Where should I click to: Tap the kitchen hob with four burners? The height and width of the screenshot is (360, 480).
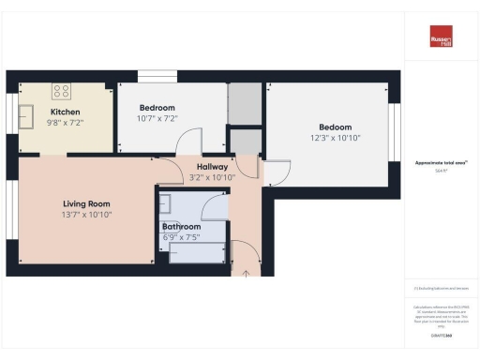[x=62, y=91]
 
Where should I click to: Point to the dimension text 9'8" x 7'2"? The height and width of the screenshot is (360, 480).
[x=65, y=122]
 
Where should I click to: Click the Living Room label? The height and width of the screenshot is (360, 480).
[x=87, y=203]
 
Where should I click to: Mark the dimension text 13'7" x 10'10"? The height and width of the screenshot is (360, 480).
[x=87, y=214]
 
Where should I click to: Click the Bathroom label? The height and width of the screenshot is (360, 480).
[x=181, y=227]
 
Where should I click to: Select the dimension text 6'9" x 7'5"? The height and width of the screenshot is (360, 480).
[x=181, y=237]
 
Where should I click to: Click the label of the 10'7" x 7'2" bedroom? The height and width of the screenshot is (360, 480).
[x=158, y=108]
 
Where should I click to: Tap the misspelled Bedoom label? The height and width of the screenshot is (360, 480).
[x=335, y=127]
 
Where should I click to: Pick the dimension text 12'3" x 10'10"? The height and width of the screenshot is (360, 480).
[x=335, y=138]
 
